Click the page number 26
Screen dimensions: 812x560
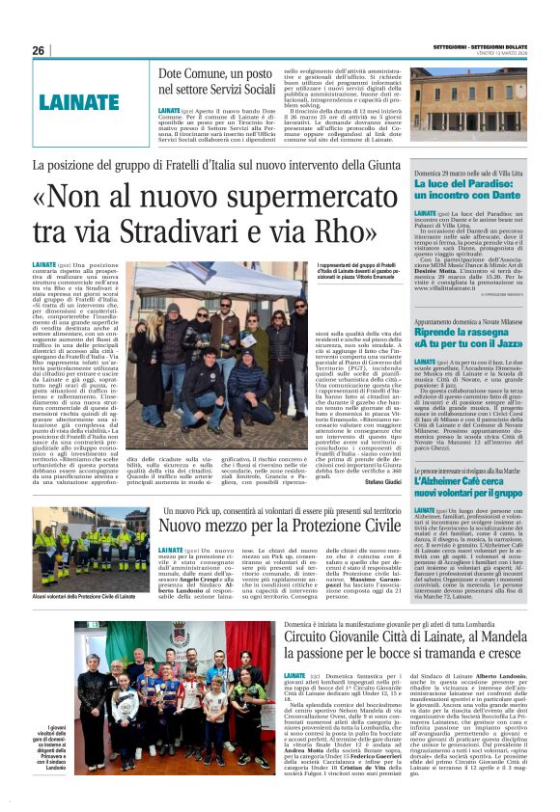pyautogui.click(x=39, y=50)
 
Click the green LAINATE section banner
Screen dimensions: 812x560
pyautogui.click(x=84, y=99)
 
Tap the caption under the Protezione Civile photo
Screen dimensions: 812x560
pyautogui.click(x=85, y=598)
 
